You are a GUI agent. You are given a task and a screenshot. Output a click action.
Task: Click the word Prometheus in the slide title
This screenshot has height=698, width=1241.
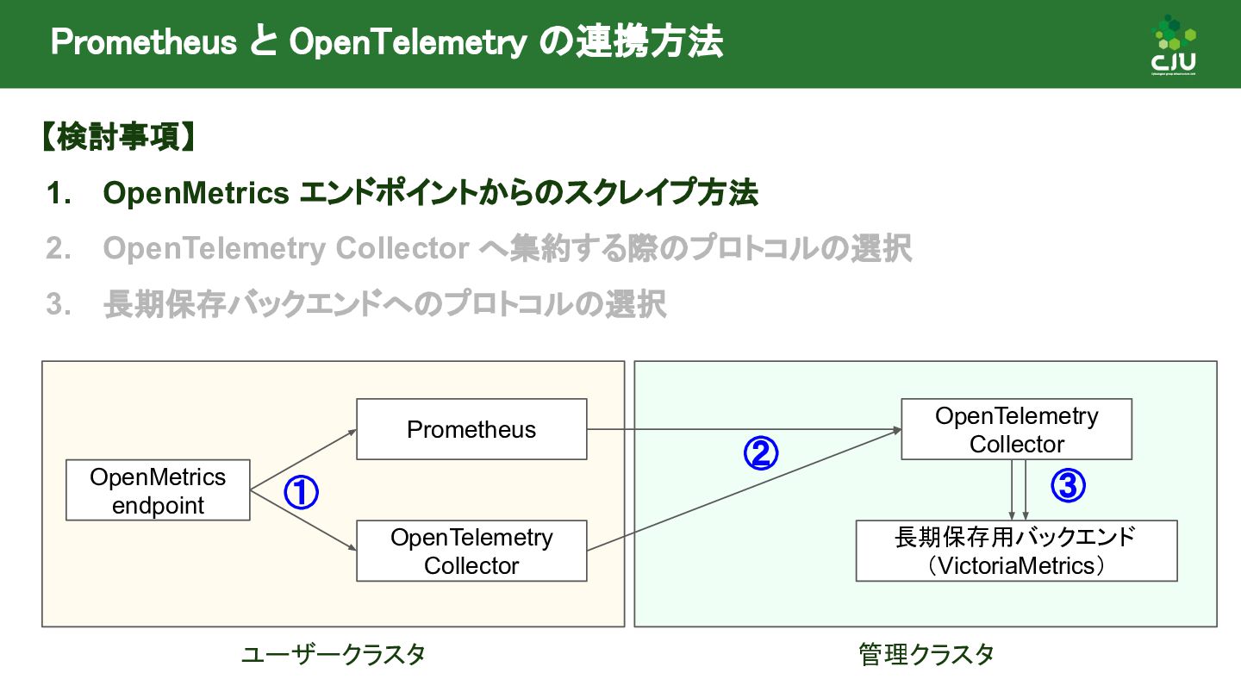tap(143, 42)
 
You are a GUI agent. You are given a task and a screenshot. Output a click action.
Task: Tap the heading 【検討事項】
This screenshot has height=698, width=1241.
tap(117, 138)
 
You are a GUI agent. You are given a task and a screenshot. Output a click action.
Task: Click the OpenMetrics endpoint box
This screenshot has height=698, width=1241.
tap(158, 490)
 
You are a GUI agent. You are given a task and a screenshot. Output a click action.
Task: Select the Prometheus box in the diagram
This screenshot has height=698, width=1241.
tap(471, 429)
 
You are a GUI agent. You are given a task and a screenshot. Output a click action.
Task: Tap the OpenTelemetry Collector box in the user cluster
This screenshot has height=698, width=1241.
tap(471, 551)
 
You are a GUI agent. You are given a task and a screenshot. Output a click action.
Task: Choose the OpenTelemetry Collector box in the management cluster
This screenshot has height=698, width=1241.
tap(1016, 429)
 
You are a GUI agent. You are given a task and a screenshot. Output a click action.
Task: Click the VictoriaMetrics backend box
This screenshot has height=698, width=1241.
tap(1016, 551)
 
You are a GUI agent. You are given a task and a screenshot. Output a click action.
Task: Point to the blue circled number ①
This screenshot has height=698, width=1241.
tap(302, 493)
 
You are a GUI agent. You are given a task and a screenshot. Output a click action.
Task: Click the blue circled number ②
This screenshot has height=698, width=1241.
tap(761, 453)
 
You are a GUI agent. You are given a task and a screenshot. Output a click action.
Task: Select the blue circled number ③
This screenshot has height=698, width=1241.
tap(1068, 487)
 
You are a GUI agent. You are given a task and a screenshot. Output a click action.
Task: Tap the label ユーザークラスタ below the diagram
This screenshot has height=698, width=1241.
tap(333, 655)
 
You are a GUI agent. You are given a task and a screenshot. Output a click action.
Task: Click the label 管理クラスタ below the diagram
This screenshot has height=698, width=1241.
tap(926, 655)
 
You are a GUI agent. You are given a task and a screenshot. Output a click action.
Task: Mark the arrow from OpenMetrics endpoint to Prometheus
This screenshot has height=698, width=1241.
tap(302, 460)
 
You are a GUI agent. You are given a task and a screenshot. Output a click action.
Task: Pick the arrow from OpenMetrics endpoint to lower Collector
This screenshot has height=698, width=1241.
tap(302, 520)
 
